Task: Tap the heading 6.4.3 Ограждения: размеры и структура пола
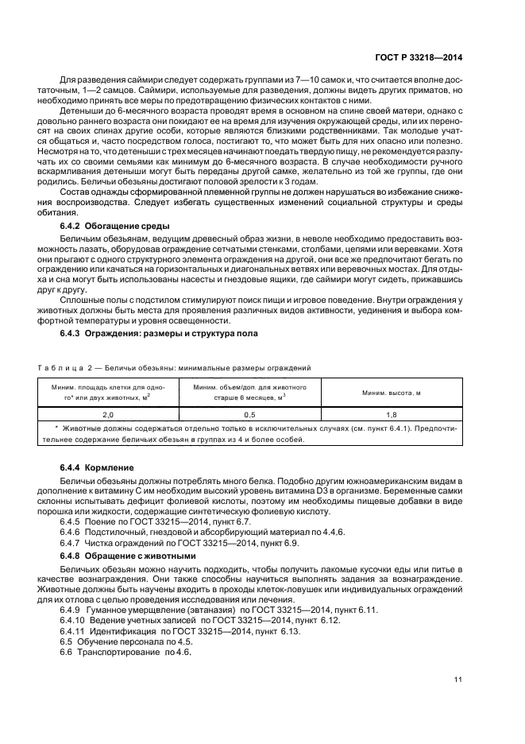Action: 159,333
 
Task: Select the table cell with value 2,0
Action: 108,415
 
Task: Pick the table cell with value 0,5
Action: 249,415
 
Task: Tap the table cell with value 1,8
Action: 391,415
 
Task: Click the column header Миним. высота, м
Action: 391,393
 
